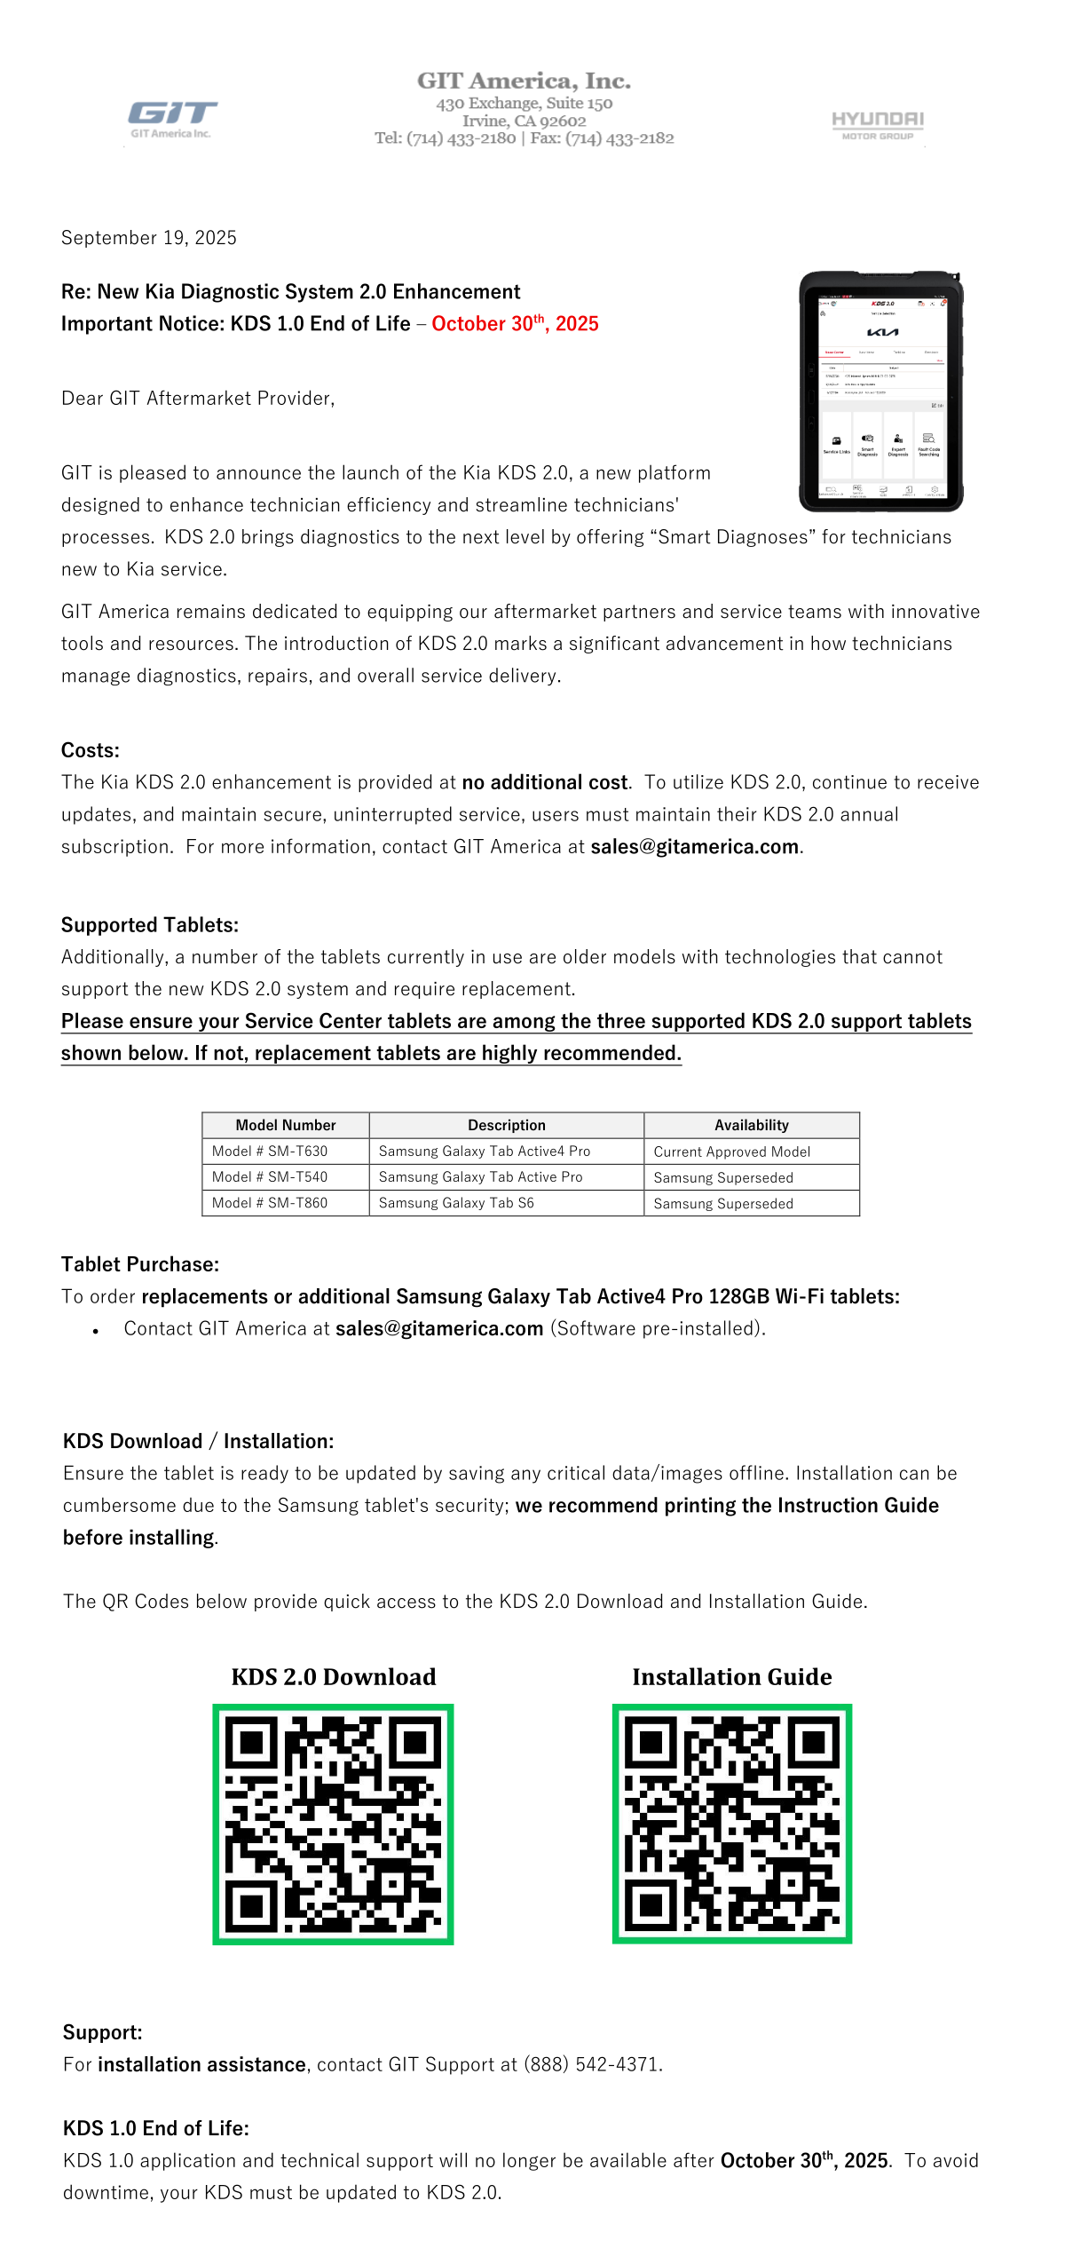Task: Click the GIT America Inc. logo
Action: tap(172, 119)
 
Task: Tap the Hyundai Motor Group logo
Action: tap(877, 125)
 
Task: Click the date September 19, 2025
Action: tap(149, 238)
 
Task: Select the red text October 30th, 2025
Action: tap(515, 324)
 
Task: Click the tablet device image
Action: tap(881, 392)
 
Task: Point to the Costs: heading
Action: tap(91, 750)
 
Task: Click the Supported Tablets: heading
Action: tap(150, 925)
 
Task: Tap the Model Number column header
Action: tap(286, 1125)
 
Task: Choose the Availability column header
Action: tap(751, 1125)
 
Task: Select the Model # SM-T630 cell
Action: tap(270, 1151)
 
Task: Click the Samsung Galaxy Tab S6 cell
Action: tap(456, 1203)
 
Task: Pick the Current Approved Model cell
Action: tap(732, 1152)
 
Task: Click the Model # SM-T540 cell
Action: tap(270, 1176)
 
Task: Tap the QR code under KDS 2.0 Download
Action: tap(333, 1824)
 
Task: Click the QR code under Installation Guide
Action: tap(732, 1824)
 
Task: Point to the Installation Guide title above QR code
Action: tap(732, 1676)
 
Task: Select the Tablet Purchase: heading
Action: tap(140, 1264)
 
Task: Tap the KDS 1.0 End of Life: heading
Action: tap(156, 2128)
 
